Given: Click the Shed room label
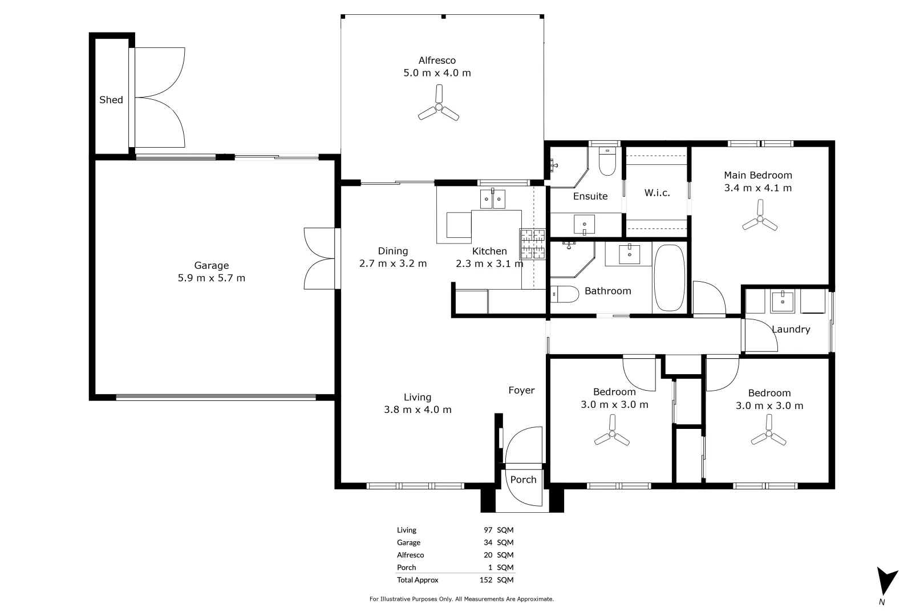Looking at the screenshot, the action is click(x=111, y=100).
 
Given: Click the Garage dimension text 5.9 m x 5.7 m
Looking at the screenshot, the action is click(x=211, y=278).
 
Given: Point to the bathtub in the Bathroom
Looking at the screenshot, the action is click(x=670, y=278).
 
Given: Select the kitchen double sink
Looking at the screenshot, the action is click(x=493, y=199).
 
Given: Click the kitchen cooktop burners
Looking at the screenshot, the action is click(x=533, y=244).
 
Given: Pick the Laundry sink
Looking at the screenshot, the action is click(x=783, y=301).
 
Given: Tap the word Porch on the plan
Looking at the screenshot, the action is click(x=523, y=480).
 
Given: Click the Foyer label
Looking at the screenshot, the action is click(x=521, y=390).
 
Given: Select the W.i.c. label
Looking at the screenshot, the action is click(x=657, y=193).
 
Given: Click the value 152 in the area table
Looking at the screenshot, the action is click(x=486, y=579).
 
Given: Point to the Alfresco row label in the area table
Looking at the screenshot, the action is click(x=411, y=555).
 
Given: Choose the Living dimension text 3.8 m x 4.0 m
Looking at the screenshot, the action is click(x=418, y=410).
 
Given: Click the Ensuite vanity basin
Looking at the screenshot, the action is click(x=585, y=225).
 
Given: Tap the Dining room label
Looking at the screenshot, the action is click(x=392, y=251).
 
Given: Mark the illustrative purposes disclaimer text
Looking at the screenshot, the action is click(x=461, y=599).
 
